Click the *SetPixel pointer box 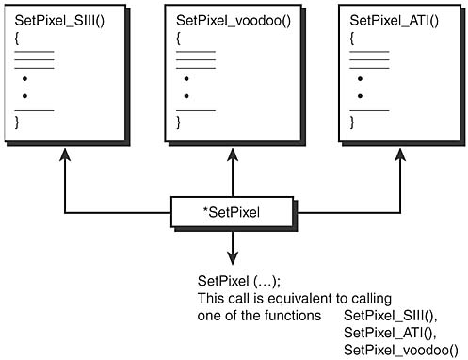pos(230,213)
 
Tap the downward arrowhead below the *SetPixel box pos(230,258)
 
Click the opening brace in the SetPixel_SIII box pos(17,40)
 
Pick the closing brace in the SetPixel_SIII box pos(17,122)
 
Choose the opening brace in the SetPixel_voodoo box pos(179,40)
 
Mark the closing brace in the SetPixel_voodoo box pos(179,122)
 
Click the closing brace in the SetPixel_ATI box pos(352,122)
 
